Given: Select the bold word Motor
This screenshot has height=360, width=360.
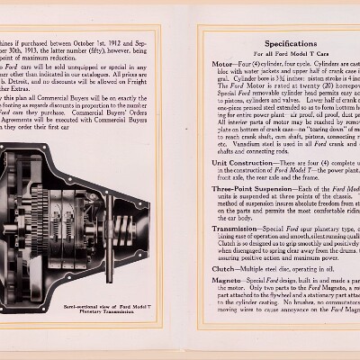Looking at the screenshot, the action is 222,65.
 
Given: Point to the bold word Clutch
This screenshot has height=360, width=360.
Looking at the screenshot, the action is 223,268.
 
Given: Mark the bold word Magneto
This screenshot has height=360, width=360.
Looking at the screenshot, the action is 226,282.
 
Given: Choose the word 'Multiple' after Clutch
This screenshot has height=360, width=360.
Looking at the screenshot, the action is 256,268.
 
